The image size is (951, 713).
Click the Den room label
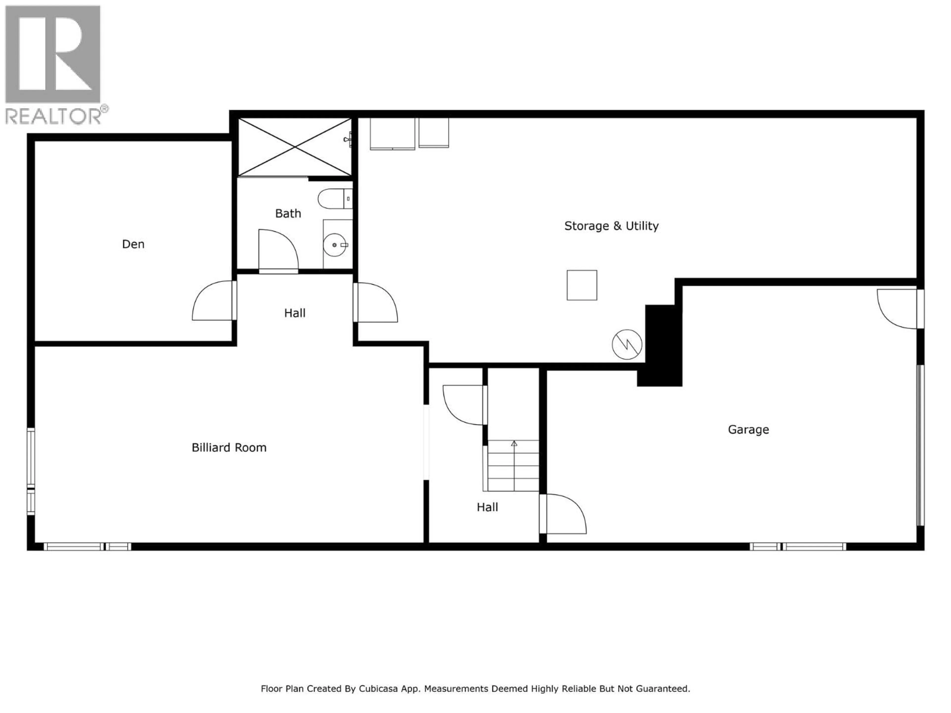[x=133, y=244]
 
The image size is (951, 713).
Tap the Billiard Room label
[x=229, y=448]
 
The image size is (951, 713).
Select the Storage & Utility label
[x=611, y=226]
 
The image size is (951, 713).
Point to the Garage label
[x=748, y=429]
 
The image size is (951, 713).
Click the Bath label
[x=288, y=214]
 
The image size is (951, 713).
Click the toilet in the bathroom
[x=335, y=199]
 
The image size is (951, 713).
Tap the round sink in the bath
[x=335, y=245]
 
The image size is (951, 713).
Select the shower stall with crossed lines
[x=295, y=147]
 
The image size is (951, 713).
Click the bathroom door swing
[x=278, y=251]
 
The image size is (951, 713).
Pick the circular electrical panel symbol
[x=627, y=344]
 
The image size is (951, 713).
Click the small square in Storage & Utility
[x=582, y=285]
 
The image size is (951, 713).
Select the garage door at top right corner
[x=898, y=308]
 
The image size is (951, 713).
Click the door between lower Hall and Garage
[x=563, y=514]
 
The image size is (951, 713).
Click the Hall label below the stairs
[x=487, y=507]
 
